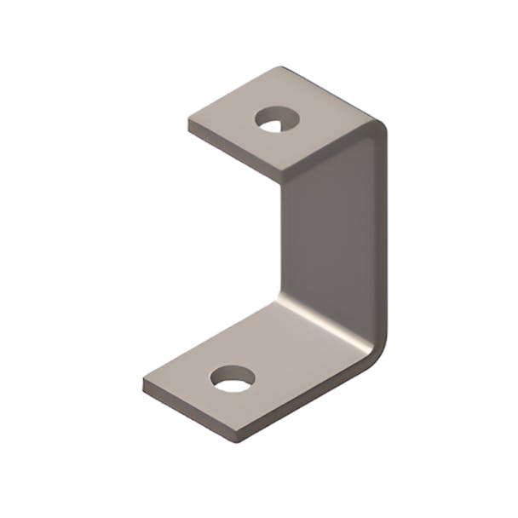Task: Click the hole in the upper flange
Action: coord(275,120)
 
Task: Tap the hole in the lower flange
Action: coord(233,378)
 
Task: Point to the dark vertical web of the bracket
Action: coord(328,239)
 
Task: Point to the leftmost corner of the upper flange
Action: coord(189,122)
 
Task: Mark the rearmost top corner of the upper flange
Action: coord(279,67)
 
